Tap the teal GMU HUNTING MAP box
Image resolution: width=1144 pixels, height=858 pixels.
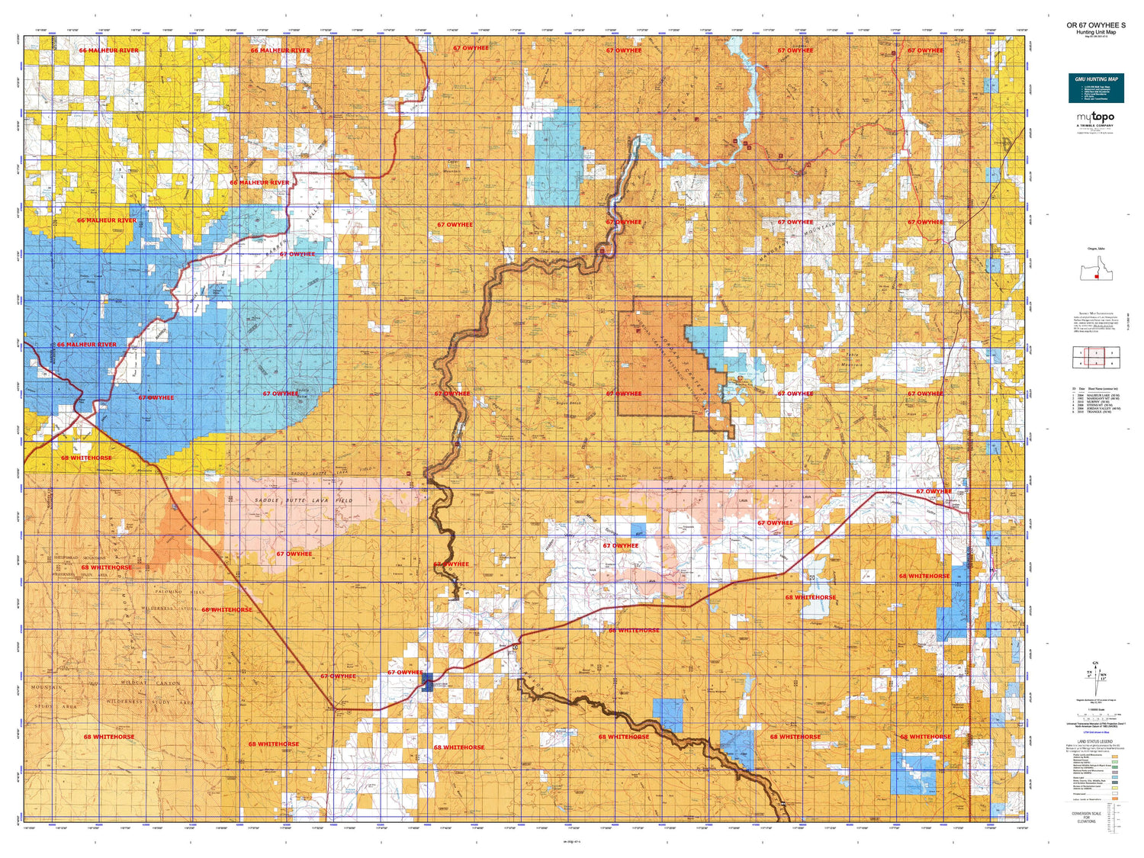pyautogui.click(x=1095, y=88)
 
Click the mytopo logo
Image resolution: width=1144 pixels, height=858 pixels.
pyautogui.click(x=1095, y=117)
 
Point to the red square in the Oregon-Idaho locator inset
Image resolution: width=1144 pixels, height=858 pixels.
pyautogui.click(x=1096, y=277)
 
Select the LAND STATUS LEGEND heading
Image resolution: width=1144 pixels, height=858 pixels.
pyautogui.click(x=1095, y=741)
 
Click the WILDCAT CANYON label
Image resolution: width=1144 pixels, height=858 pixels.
pyautogui.click(x=152, y=683)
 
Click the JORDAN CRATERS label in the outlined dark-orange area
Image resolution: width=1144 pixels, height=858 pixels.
pyautogui.click(x=674, y=358)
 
